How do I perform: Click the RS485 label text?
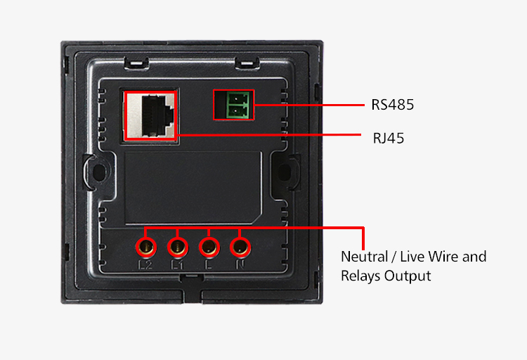click(393, 105)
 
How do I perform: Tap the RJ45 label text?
click(389, 138)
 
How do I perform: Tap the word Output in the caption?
click(408, 276)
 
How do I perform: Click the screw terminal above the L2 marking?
click(146, 247)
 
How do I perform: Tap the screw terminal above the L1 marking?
click(177, 247)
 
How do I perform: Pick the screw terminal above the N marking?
click(240, 247)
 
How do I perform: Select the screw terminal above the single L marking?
click(209, 247)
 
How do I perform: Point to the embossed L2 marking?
click(146, 266)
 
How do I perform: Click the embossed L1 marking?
click(177, 266)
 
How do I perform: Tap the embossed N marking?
click(240, 266)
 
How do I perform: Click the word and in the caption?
click(475, 257)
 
